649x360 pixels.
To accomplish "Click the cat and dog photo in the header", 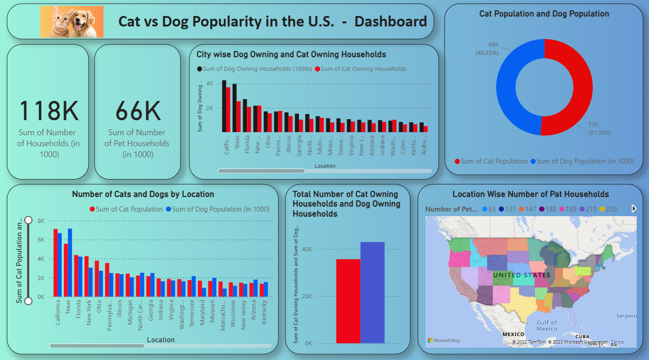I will (72, 21).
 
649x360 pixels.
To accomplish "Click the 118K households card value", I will (48, 111).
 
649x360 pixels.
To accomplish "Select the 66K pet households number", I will (138, 111).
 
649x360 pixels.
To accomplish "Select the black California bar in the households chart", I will (224, 106).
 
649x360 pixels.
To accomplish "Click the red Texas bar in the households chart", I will (238, 116).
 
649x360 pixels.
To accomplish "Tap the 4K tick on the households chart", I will (209, 84).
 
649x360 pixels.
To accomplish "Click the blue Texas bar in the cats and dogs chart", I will (70, 262).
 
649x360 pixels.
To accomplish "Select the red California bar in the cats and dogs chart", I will (55, 263).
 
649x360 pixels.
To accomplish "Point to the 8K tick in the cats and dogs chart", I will (41, 221).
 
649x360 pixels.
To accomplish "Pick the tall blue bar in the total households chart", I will (372, 292).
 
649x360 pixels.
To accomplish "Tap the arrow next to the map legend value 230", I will (633, 209).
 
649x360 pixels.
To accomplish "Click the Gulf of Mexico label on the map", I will (547, 326).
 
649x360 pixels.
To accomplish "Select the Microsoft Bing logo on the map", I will (444, 340).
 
